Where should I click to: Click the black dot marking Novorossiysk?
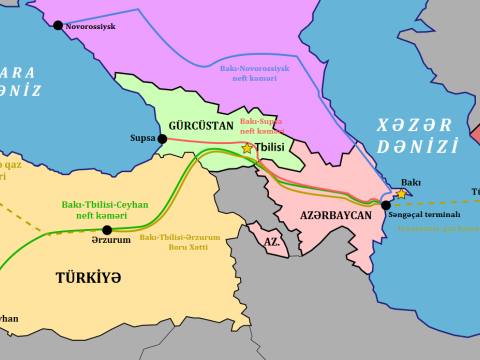(x=57, y=25)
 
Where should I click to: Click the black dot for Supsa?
(x=162, y=139)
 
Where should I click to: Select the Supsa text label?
(x=141, y=139)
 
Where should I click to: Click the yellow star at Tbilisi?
(x=247, y=148)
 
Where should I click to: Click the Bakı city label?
(x=410, y=182)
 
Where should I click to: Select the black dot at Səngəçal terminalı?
(x=386, y=205)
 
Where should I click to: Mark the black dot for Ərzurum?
(x=107, y=229)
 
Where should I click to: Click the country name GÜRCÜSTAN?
(x=201, y=126)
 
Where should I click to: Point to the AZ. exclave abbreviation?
(x=270, y=242)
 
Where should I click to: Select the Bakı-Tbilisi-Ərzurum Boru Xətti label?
(x=180, y=242)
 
